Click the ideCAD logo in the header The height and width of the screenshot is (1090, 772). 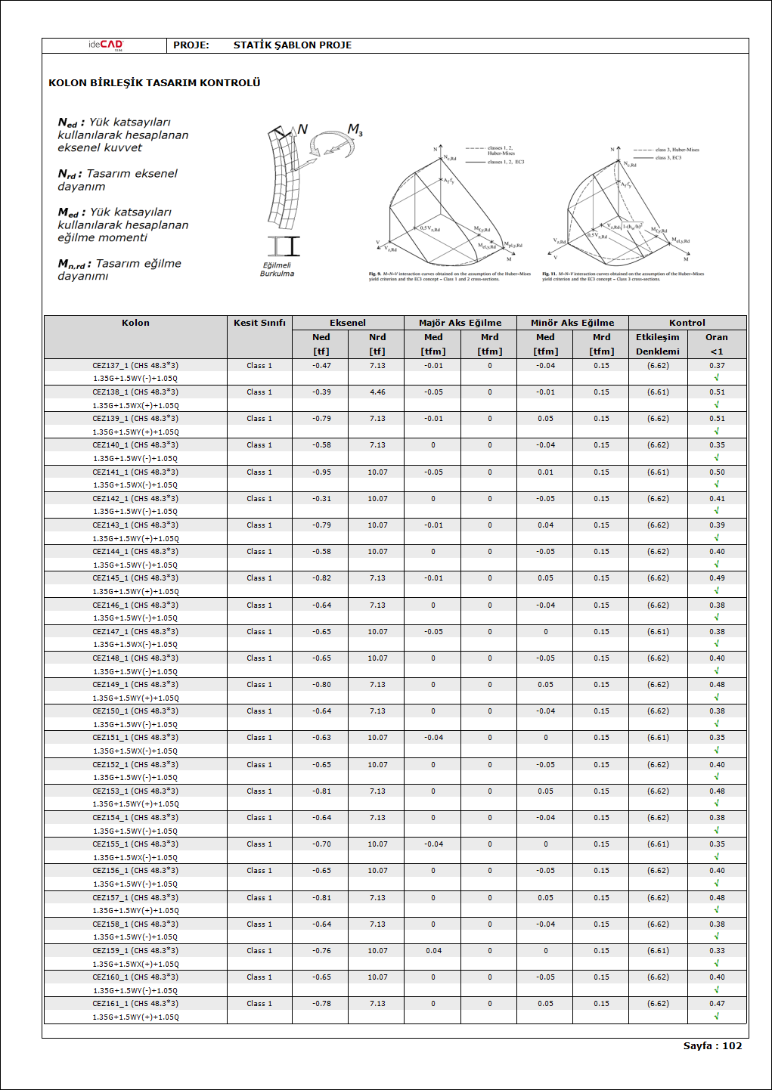click(105, 45)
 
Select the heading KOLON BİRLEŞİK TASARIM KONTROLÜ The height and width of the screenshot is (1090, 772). click(154, 82)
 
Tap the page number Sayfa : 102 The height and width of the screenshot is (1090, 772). click(712, 1046)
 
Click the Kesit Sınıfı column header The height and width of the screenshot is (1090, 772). click(259, 323)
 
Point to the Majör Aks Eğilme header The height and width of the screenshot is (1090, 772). click(460, 323)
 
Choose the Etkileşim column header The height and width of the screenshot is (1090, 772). click(657, 337)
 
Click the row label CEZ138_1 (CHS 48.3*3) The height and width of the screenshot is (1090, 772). click(135, 392)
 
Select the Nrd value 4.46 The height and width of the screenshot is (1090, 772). click(377, 392)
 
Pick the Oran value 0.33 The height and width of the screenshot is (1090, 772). click(717, 951)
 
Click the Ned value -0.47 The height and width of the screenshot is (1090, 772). click(321, 366)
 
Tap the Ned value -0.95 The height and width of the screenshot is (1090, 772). click(321, 472)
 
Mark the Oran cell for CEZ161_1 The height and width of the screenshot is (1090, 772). click(717, 1004)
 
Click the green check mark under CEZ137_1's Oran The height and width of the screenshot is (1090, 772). click(716, 377)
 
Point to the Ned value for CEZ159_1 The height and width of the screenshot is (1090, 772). click(321, 951)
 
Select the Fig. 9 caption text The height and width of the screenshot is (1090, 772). click(450, 277)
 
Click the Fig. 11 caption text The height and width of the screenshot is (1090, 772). click(623, 277)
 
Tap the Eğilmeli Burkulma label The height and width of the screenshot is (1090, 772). click(277, 270)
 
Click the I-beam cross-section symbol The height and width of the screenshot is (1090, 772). click(283, 246)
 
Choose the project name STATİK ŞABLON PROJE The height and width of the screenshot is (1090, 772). click(293, 45)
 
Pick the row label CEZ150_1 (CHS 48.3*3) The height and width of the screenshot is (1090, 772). click(135, 711)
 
